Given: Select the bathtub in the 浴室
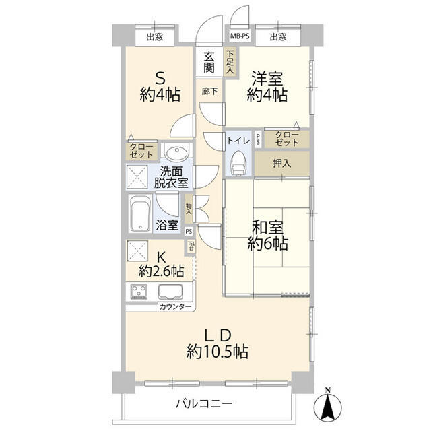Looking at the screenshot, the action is (140, 213).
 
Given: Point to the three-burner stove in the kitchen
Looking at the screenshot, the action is (139, 292).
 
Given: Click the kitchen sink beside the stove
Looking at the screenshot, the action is (170, 292).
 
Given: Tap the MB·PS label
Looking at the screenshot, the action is (240, 36).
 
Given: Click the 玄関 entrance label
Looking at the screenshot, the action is (209, 62).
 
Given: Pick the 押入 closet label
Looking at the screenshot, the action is (281, 163).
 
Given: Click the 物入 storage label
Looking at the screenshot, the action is (189, 209).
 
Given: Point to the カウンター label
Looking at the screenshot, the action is (175, 307).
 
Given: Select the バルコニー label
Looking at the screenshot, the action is (204, 404).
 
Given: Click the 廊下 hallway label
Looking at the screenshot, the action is (209, 92).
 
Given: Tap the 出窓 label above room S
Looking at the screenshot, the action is (154, 36).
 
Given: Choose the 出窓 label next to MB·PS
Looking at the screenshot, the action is (278, 36).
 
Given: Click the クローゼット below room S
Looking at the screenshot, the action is (141, 150).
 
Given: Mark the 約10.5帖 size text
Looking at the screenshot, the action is (217, 352).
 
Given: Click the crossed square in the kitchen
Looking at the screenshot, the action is (137, 251).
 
